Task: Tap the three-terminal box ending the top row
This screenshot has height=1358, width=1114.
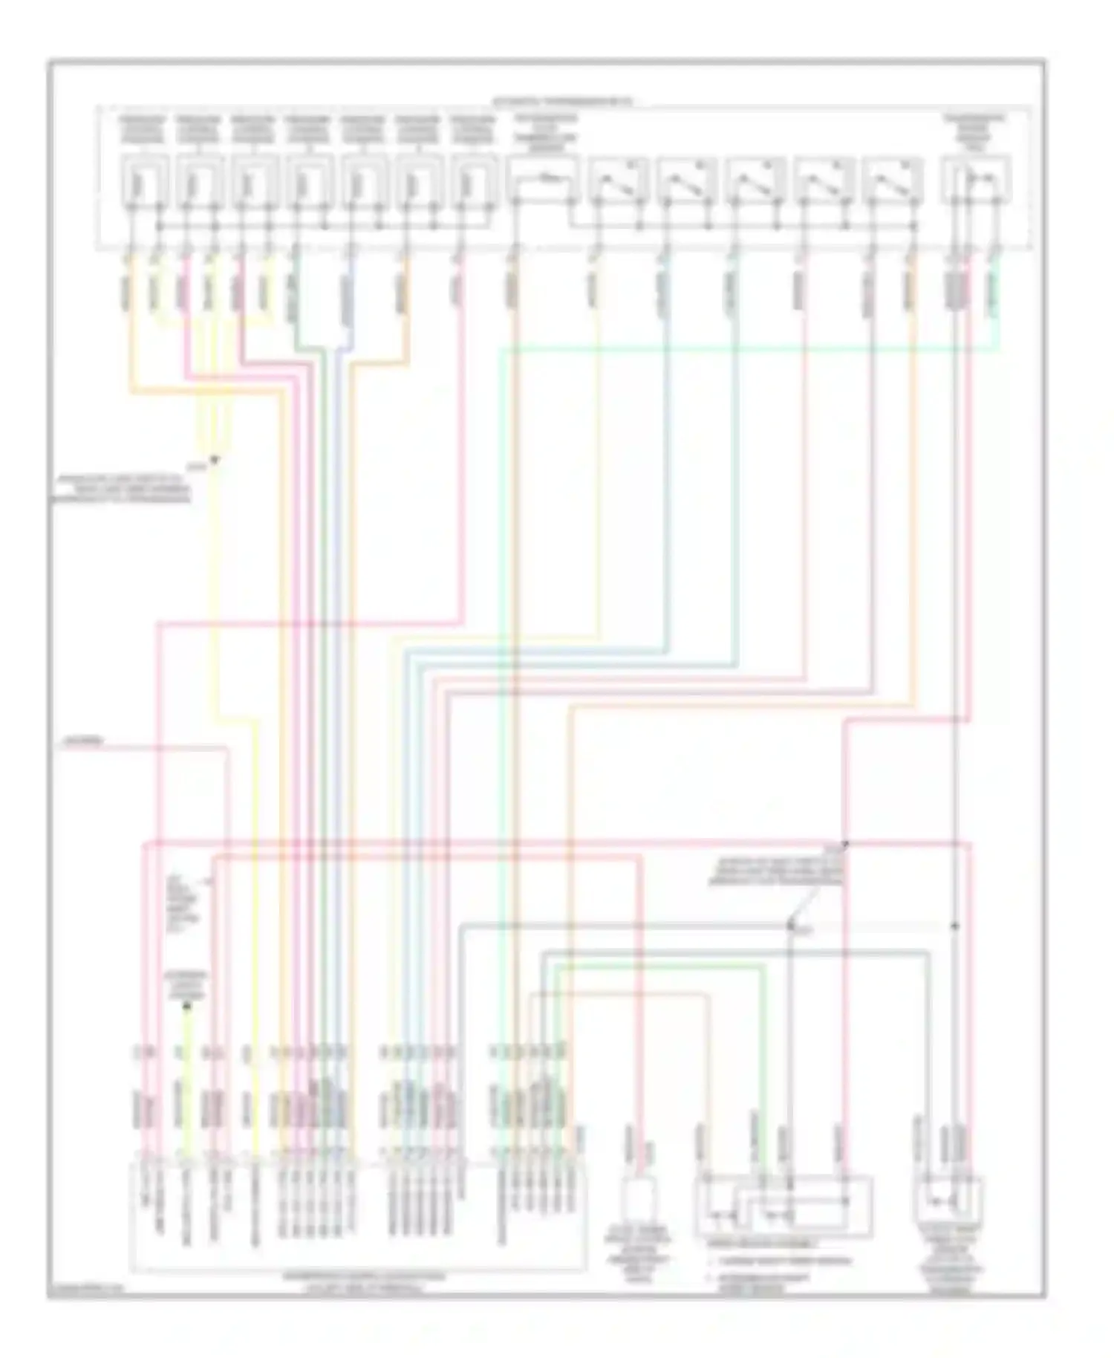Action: click(975, 179)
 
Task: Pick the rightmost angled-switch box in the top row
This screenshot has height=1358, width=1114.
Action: click(893, 179)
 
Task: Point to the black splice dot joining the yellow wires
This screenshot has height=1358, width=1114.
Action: click(214, 460)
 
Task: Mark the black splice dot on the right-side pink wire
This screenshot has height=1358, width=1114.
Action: click(845, 844)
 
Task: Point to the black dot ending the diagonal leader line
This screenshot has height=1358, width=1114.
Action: click(789, 926)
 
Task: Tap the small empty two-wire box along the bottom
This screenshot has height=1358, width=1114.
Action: click(640, 1198)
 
